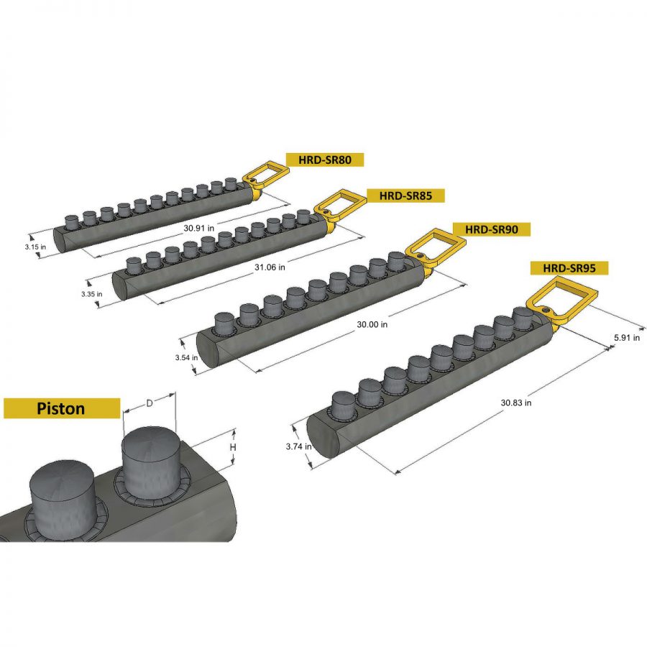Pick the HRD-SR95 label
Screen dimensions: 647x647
(x=569, y=268)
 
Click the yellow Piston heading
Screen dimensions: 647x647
(x=61, y=408)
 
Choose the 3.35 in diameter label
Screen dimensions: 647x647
(x=91, y=293)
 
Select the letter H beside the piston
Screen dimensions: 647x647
(x=232, y=448)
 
